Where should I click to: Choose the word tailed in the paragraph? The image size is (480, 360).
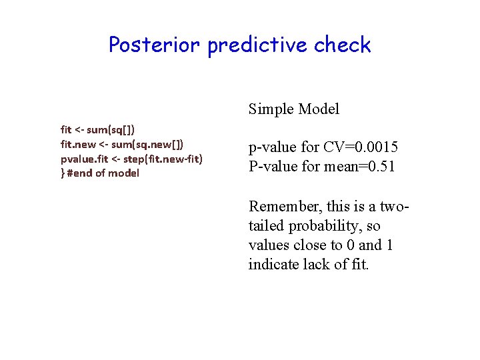[x=266, y=226]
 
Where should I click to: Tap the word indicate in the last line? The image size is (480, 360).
[x=273, y=265]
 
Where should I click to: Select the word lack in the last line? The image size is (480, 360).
[x=317, y=265]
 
